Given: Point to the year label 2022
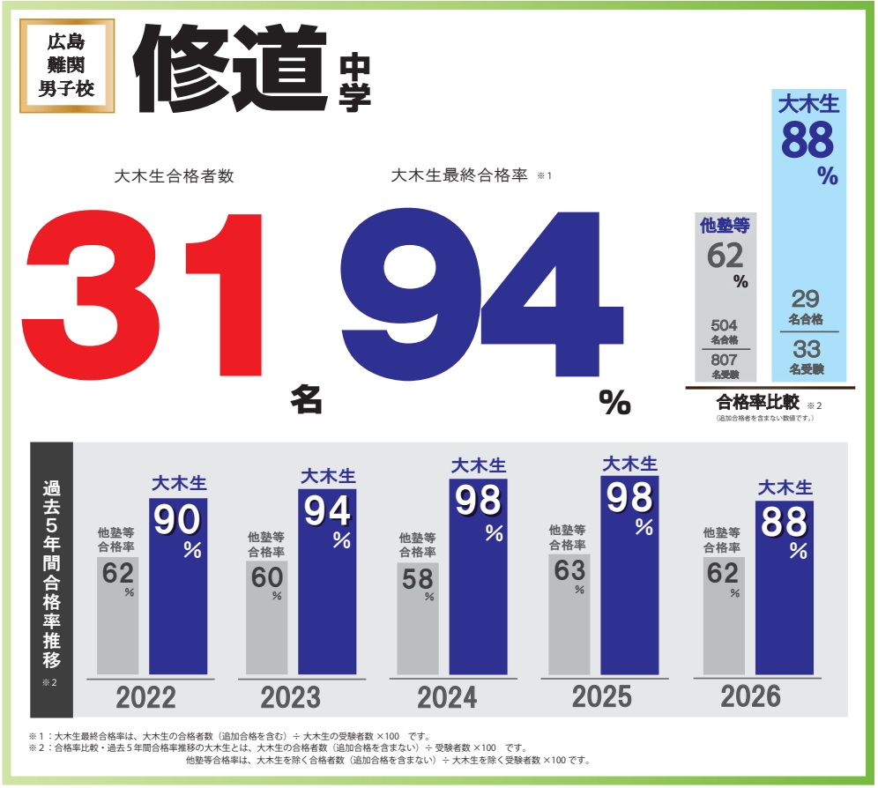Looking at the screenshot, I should [146, 698].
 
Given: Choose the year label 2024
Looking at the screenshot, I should [447, 698].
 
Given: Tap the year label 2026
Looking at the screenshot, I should [750, 696].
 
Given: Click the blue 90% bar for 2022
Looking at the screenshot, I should [178, 586].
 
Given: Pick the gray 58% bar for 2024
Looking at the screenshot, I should [418, 618].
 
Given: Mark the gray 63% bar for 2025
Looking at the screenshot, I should [569, 613].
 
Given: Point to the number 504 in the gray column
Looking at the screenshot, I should [723, 325].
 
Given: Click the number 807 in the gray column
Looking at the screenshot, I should [723, 361].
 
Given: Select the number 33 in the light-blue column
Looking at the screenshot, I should [806, 348].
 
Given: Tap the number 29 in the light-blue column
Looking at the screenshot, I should [806, 299].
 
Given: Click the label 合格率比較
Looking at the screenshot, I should [757, 402].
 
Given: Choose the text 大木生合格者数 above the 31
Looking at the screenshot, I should [175, 176].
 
